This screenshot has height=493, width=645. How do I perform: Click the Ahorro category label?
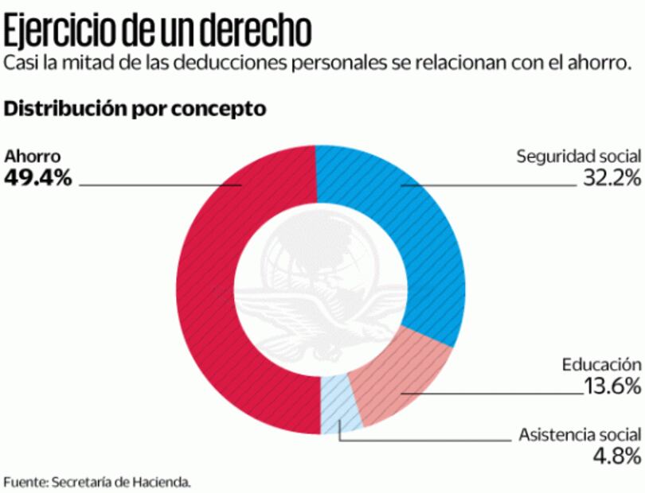click(33, 156)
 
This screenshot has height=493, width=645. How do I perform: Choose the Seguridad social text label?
click(578, 156)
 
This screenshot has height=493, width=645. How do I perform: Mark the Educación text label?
click(601, 365)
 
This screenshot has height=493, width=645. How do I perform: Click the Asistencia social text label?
click(579, 435)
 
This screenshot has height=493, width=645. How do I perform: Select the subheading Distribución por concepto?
click(135, 108)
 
